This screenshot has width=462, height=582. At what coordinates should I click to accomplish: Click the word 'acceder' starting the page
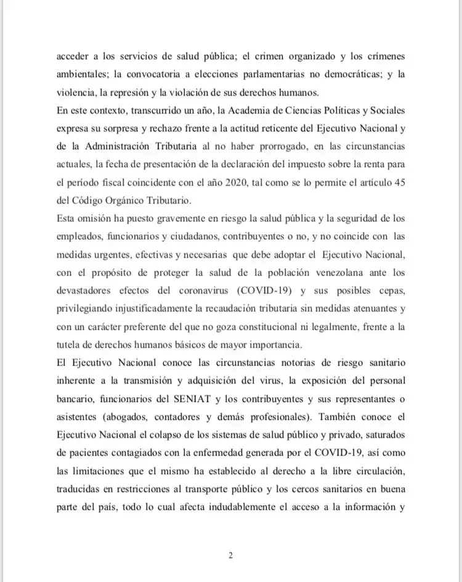tap(73, 57)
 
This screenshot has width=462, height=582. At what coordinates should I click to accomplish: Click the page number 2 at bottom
tap(231, 555)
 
